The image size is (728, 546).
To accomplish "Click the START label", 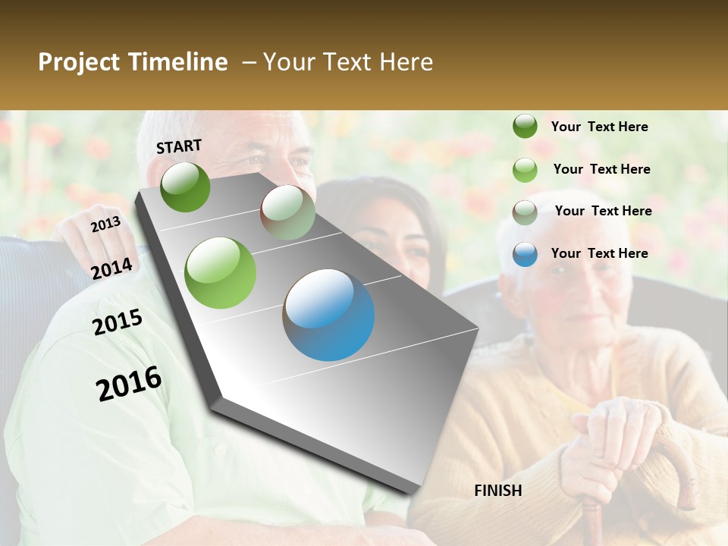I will tap(179, 146).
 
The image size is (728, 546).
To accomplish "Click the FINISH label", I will tap(498, 491).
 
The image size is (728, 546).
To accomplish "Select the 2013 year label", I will tap(105, 224).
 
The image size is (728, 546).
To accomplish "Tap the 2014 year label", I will tap(112, 268).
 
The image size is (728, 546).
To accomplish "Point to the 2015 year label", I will tap(118, 322).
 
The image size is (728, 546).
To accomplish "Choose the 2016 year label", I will tap(129, 384).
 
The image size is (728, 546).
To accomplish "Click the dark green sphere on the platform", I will tap(186, 187).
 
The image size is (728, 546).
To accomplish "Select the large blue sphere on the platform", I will tap(328, 315).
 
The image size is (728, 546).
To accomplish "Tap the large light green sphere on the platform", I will tap(221, 273).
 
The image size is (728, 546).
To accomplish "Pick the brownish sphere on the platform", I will tap(287, 213).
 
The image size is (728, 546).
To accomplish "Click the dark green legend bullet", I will tap(525, 126).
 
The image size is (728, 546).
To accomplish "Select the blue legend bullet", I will tap(525, 254).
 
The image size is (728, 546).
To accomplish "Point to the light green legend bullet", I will tap(525, 170).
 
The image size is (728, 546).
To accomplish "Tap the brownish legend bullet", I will tap(525, 212).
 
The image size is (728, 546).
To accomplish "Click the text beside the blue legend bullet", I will tap(600, 253).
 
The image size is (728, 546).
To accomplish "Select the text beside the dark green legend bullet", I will tap(600, 127).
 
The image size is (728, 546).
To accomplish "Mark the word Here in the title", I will tap(406, 62).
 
